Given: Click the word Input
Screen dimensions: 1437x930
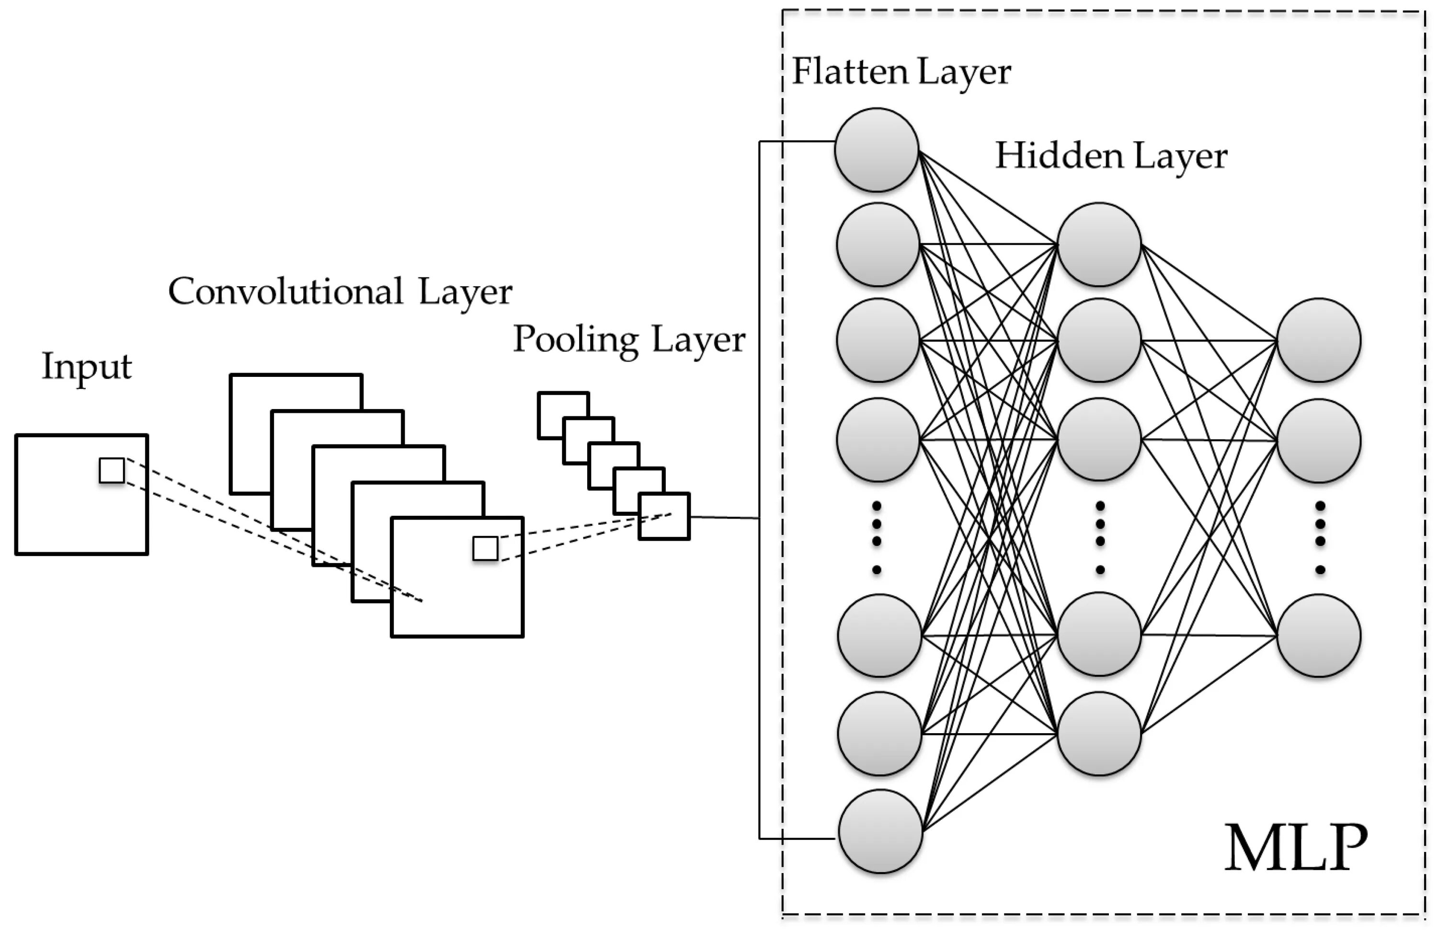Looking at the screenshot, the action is (86, 366).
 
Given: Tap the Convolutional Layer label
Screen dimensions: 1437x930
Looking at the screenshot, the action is (340, 293).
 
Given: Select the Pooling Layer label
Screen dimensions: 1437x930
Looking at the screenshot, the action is (629, 340).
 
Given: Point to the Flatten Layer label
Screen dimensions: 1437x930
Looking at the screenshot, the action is (901, 72).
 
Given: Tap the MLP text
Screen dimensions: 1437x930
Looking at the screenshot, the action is (1296, 848).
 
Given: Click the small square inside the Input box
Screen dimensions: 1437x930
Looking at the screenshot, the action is (112, 470).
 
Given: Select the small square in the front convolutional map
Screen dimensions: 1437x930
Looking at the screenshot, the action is (485, 549).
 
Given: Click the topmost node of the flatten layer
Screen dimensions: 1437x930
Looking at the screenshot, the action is (877, 150).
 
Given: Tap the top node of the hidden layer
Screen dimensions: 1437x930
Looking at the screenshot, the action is (1099, 244).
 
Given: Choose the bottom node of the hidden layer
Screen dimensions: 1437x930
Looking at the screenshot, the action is (1099, 733).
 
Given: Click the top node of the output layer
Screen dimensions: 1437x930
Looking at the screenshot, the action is (1319, 340).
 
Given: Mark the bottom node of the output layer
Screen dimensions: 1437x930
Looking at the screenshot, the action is (1319, 635).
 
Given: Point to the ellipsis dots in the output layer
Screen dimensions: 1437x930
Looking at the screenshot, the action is (1321, 537).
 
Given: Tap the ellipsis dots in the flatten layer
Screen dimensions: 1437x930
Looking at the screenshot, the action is (877, 537).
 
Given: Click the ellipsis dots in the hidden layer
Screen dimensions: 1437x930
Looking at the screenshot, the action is (1100, 537).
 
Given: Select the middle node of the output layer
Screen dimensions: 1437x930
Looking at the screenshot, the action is (1319, 441).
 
